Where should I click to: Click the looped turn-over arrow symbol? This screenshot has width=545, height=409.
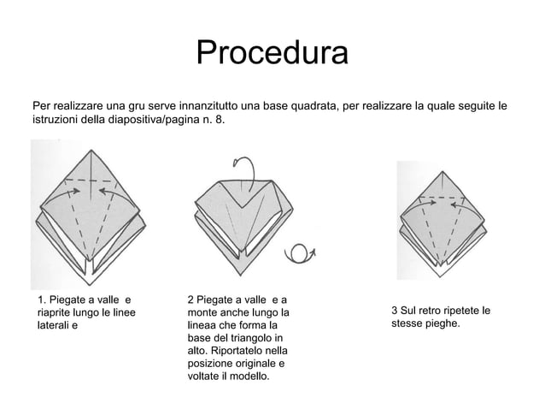click(x=300, y=253)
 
